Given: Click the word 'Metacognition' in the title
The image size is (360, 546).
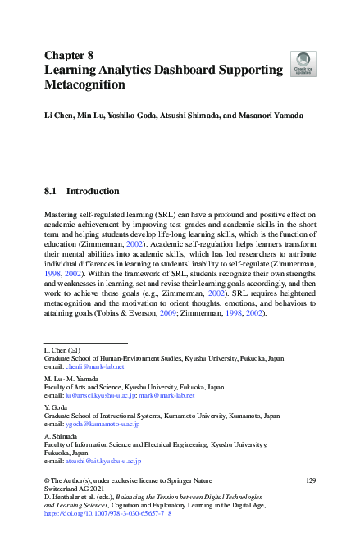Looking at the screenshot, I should click(84, 84).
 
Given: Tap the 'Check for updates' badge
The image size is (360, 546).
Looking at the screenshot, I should click(303, 64).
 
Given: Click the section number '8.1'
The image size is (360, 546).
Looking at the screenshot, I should click(52, 192).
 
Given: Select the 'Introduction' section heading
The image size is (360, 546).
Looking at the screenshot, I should click(93, 192).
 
